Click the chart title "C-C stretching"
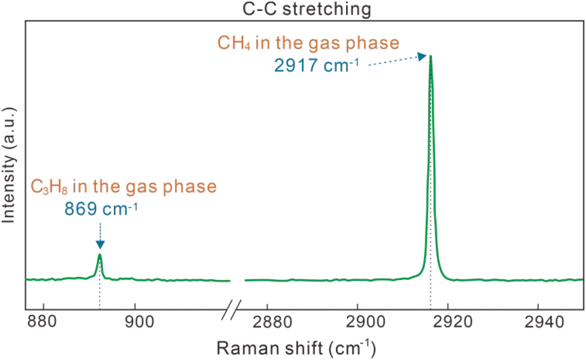pyautogui.click(x=307, y=9)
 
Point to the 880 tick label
pyautogui.click(x=42, y=321)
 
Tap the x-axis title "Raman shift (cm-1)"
pyautogui.click(x=296, y=348)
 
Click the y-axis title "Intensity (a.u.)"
pyautogui.click(x=9, y=165)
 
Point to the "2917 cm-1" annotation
pyautogui.click(x=316, y=65)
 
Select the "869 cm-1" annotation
pyautogui.click(x=101, y=209)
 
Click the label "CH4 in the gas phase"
pyautogui.click(x=308, y=43)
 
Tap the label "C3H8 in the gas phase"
pyautogui.click(x=124, y=186)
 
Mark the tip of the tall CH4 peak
pyautogui.click(x=431, y=57)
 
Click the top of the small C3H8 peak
pyautogui.click(x=100, y=255)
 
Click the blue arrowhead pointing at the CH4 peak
pyautogui.click(x=422, y=57)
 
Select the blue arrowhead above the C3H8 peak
pyautogui.click(x=100, y=244)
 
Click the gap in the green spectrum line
pyautogui.click(x=237, y=280)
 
